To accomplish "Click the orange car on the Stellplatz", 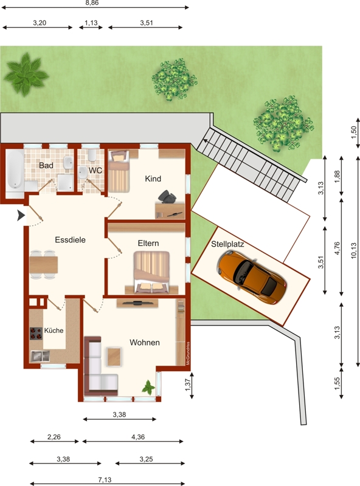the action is point(252,277).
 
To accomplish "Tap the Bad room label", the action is point(46,165).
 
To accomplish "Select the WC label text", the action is point(95,171).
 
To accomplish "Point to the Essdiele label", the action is point(70,239).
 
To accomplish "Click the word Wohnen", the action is point(145,343).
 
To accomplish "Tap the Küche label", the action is point(54,330).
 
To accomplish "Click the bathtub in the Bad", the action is point(15,169).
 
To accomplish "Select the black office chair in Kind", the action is point(167,197).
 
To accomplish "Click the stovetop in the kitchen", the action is point(36,334).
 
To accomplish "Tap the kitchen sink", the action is point(40,356).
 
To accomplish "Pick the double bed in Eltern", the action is point(152,272).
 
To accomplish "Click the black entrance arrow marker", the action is point(21,216).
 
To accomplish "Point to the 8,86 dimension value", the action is point(92,3).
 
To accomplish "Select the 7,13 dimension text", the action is point(105,480).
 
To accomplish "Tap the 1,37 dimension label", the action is point(188,385).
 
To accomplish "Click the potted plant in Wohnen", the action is point(148,388).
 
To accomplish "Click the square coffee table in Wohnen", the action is point(114,357).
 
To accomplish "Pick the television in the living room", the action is point(137,303).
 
